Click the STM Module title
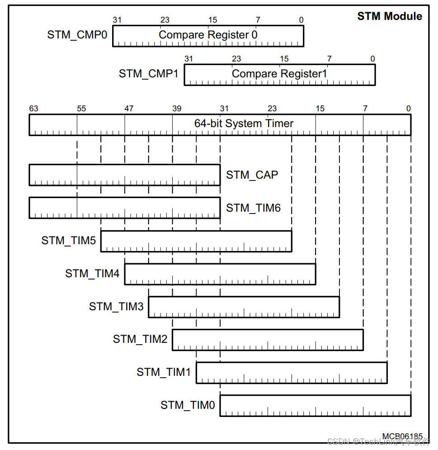pyautogui.click(x=390, y=16)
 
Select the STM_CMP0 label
pyautogui.click(x=77, y=35)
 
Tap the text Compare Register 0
pyautogui.click(x=208, y=35)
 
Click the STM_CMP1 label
pyautogui.click(x=149, y=74)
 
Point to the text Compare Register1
pyautogui.click(x=279, y=74)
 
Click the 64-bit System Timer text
pyautogui.click(x=244, y=123)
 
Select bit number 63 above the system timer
pyautogui.click(x=34, y=109)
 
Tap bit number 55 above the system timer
pyautogui.click(x=81, y=109)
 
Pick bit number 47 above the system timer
pyautogui.click(x=129, y=109)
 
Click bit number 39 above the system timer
pyautogui.click(x=177, y=109)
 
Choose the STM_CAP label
pyautogui.click(x=252, y=175)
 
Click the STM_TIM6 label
pyautogui.click(x=253, y=208)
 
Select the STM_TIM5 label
pyautogui.click(x=69, y=241)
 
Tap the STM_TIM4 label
pyautogui.click(x=92, y=274)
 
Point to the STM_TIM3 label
pyautogui.click(x=116, y=307)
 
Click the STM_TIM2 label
pyautogui.click(x=140, y=339)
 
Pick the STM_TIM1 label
pyautogui.click(x=164, y=372)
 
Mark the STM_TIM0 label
pyautogui.click(x=188, y=405)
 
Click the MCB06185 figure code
pyautogui.click(x=402, y=437)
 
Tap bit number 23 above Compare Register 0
pyautogui.click(x=165, y=20)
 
